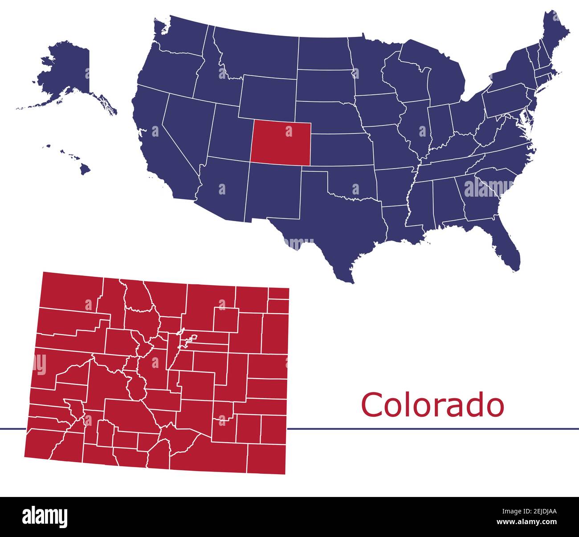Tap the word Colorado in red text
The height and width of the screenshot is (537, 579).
click(432, 405)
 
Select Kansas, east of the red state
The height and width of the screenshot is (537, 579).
click(341, 149)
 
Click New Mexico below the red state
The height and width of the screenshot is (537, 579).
click(274, 191)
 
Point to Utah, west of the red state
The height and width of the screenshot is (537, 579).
click(229, 133)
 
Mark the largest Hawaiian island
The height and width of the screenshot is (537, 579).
click(85, 169)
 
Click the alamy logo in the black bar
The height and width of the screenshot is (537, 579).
click(45, 517)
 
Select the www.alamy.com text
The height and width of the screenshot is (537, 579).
click(526, 522)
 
